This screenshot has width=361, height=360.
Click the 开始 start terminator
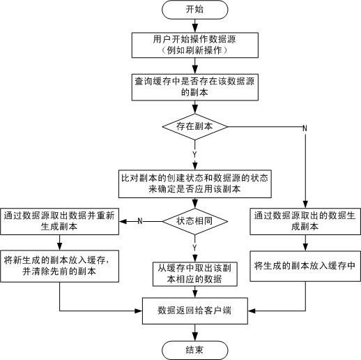195,10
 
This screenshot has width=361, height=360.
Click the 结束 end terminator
195,349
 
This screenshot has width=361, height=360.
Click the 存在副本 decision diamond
195,127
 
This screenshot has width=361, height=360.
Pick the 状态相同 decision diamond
195,220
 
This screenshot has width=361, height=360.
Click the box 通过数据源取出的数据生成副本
305,221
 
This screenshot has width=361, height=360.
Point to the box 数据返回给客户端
195,309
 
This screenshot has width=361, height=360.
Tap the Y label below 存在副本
194,153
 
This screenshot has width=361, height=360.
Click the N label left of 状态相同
140,221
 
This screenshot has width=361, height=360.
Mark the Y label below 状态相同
194,246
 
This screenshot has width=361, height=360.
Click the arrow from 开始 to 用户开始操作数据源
195,25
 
